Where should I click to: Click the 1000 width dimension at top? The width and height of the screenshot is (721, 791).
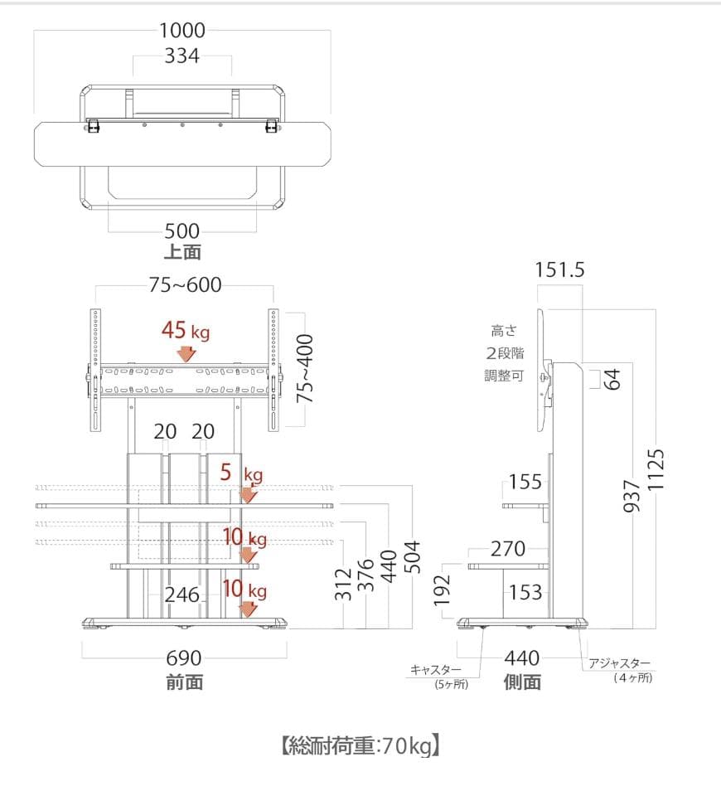tap(181, 31)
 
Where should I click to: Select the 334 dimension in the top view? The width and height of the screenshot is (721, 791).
tap(182, 56)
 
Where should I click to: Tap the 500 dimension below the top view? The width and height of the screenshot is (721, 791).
tap(182, 231)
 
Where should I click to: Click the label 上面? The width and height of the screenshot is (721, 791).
tap(182, 252)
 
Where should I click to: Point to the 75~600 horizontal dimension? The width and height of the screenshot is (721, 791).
tap(185, 285)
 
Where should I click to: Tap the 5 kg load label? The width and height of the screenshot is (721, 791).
tap(241, 474)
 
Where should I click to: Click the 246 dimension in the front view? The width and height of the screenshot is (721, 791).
tap(181, 595)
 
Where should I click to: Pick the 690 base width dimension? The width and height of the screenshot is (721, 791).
tap(184, 658)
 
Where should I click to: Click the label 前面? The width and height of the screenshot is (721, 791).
tap(184, 682)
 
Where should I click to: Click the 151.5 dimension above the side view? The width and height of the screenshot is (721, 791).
tap(560, 270)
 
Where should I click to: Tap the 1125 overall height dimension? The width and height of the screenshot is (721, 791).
tap(656, 470)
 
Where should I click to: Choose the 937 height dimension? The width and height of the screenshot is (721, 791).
tap(631, 496)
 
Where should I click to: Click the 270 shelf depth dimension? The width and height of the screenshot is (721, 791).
tap(508, 548)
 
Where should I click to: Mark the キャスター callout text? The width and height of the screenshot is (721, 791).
tap(437, 669)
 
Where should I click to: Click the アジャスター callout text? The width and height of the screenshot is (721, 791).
tap(620, 663)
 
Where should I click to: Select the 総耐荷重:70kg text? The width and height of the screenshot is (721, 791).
tap(360, 746)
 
